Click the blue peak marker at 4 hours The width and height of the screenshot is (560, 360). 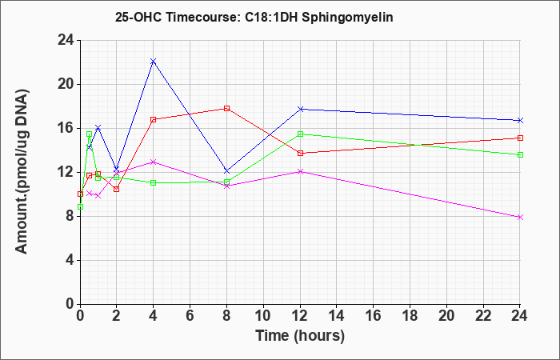pos(154,61)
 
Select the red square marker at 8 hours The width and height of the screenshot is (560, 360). pos(226,108)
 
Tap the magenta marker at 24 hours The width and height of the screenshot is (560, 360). pos(520,217)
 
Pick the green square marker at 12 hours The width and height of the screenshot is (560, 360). pos(300,134)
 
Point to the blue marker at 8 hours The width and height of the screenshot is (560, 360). pos(226,170)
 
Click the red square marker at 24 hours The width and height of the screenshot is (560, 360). pos(520,138)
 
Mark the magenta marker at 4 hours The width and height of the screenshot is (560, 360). pos(154,162)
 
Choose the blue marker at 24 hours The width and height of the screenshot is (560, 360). pos(520,120)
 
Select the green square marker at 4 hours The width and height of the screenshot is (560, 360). pos(154,182)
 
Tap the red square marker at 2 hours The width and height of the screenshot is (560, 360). pos(117,190)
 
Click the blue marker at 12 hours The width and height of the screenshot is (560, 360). pos(300,109)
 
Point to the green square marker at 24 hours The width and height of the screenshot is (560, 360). pos(520,154)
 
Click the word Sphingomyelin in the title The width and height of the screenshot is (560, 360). pos(347,17)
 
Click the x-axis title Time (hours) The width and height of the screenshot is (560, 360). pos(300,335)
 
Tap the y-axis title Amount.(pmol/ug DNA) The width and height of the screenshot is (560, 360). pos(22,172)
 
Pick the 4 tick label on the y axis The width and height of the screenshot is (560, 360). pos(70,260)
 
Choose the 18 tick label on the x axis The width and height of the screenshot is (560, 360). pos(410,316)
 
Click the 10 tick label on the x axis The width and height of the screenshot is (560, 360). pos(263,316)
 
